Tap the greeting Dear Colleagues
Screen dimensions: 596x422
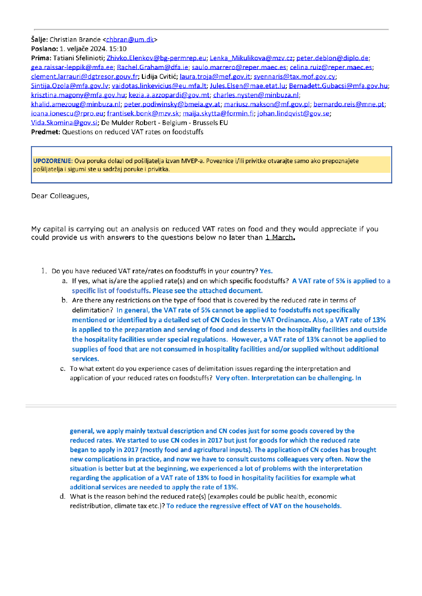[x=60, y=196]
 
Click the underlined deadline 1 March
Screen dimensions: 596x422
[x=280, y=238]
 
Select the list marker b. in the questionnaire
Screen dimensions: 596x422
[x=64, y=300]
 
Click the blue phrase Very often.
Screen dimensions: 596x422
[x=232, y=378]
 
